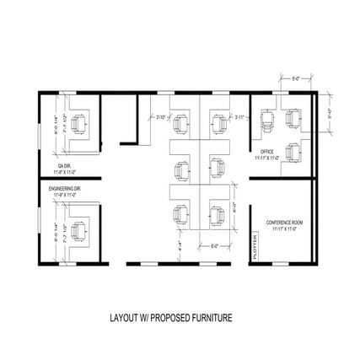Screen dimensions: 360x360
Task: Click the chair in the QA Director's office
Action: tap(80, 125)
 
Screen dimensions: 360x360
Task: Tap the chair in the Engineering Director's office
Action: tap(80, 228)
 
